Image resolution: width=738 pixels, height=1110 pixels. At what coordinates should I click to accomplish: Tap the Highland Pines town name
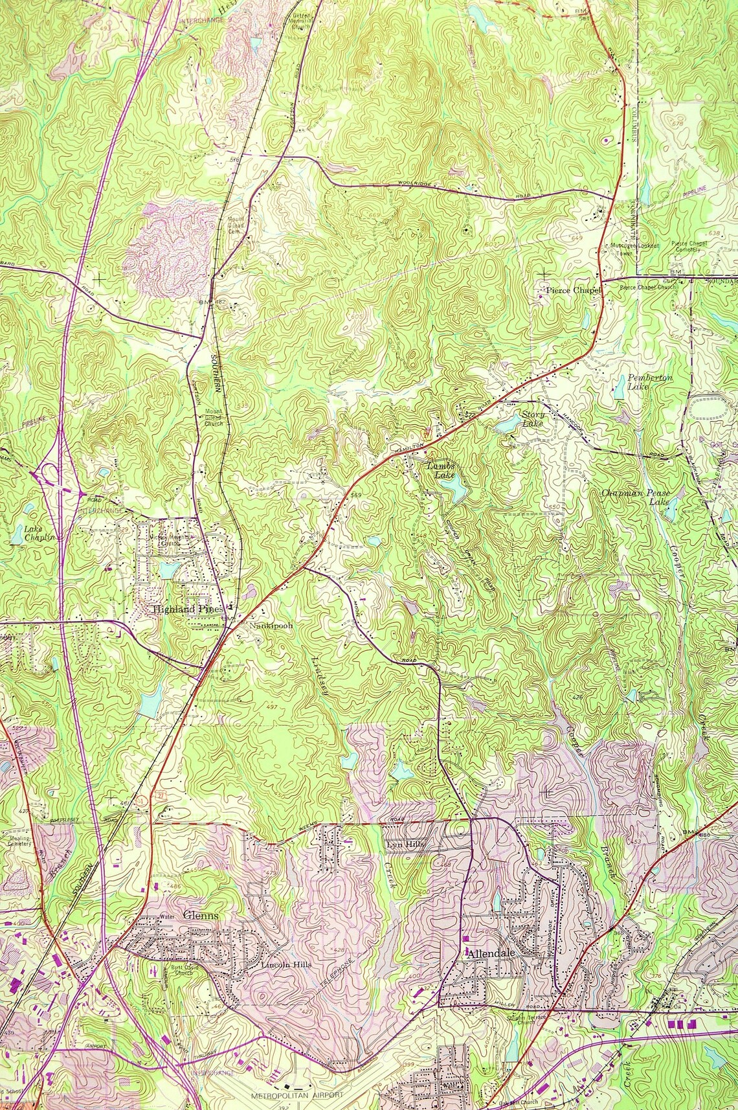[188, 609]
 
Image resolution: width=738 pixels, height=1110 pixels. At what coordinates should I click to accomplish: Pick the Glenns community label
[201, 915]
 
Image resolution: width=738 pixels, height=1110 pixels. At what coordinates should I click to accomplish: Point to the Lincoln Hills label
[286, 965]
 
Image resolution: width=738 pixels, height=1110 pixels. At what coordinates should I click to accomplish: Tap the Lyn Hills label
[403, 845]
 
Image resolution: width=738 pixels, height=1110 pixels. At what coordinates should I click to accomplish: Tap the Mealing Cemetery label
[19, 841]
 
